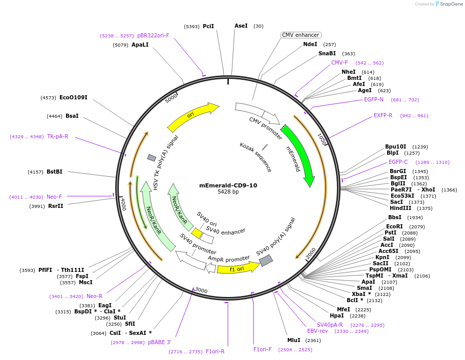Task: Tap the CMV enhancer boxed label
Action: [x=301, y=35]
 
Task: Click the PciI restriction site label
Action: [x=208, y=26]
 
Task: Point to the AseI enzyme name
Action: [x=241, y=26]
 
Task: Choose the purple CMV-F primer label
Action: [x=340, y=63]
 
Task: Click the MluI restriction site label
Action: [x=293, y=340]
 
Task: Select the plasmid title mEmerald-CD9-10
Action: [x=228, y=185]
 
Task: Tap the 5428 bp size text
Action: [x=228, y=192]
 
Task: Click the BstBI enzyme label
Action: [x=54, y=172]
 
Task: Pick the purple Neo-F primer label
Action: [x=54, y=197]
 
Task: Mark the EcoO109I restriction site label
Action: [x=73, y=97]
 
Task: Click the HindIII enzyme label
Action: [x=400, y=208]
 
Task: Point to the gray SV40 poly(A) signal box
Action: [x=266, y=261]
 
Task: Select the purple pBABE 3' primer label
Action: [x=160, y=342]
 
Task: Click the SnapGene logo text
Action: [x=450, y=4]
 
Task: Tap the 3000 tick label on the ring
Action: [x=201, y=291]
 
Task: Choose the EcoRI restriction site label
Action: [x=394, y=226]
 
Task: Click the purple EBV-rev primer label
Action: [x=318, y=331]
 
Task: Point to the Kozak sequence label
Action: [x=256, y=157]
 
